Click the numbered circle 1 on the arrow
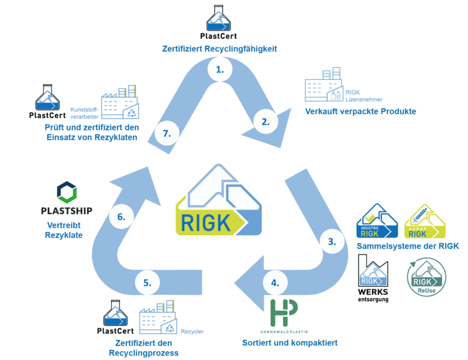tap(220, 69)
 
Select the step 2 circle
tap(266, 122)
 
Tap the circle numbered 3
tap(332, 241)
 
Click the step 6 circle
tap(121, 217)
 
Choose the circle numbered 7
tap(167, 133)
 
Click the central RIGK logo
tap(219, 200)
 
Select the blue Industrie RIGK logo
tap(377, 221)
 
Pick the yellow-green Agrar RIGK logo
tap(426, 221)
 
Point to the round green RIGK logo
tap(426, 275)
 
